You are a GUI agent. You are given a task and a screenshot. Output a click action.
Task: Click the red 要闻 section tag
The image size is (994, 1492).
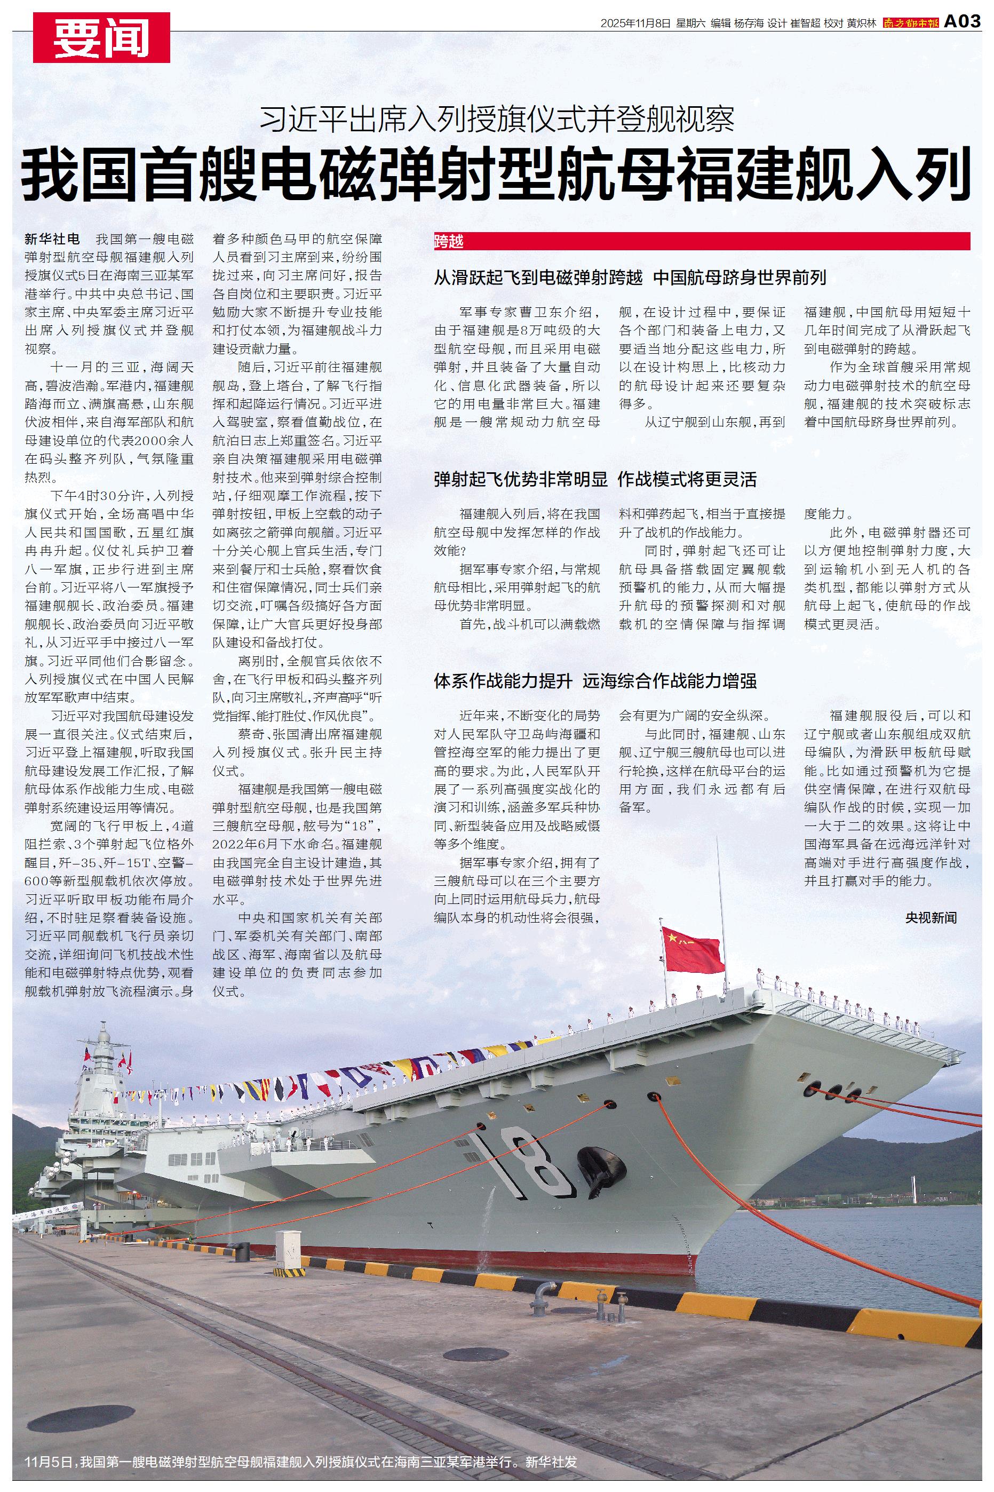pos(101,38)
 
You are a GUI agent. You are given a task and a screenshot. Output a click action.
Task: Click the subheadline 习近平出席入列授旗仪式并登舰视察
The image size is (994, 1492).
pos(497,118)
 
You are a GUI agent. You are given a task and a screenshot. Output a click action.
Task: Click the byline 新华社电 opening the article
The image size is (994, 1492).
pos(52,240)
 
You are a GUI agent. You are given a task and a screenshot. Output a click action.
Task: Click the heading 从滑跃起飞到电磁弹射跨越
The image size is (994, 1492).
pos(538,277)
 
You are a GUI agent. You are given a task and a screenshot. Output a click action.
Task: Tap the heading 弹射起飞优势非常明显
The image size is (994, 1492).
pos(520,479)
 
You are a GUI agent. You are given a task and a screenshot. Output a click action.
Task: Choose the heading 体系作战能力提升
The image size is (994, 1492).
pos(503,681)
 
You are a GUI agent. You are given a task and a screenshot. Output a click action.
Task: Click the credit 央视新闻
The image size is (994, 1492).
pos(931,917)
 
